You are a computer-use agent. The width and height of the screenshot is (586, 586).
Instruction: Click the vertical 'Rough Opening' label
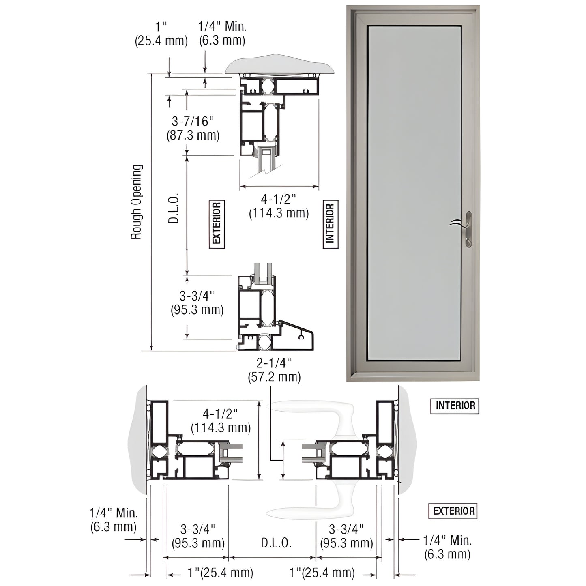point(137,202)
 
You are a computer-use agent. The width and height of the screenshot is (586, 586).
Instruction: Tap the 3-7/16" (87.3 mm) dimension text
point(193,128)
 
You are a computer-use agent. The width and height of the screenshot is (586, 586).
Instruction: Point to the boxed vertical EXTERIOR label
point(217,224)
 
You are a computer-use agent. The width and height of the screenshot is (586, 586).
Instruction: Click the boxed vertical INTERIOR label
point(331,224)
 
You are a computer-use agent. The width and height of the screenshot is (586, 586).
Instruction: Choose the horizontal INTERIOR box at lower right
point(455,406)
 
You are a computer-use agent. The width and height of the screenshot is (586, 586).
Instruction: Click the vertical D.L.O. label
point(173,208)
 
